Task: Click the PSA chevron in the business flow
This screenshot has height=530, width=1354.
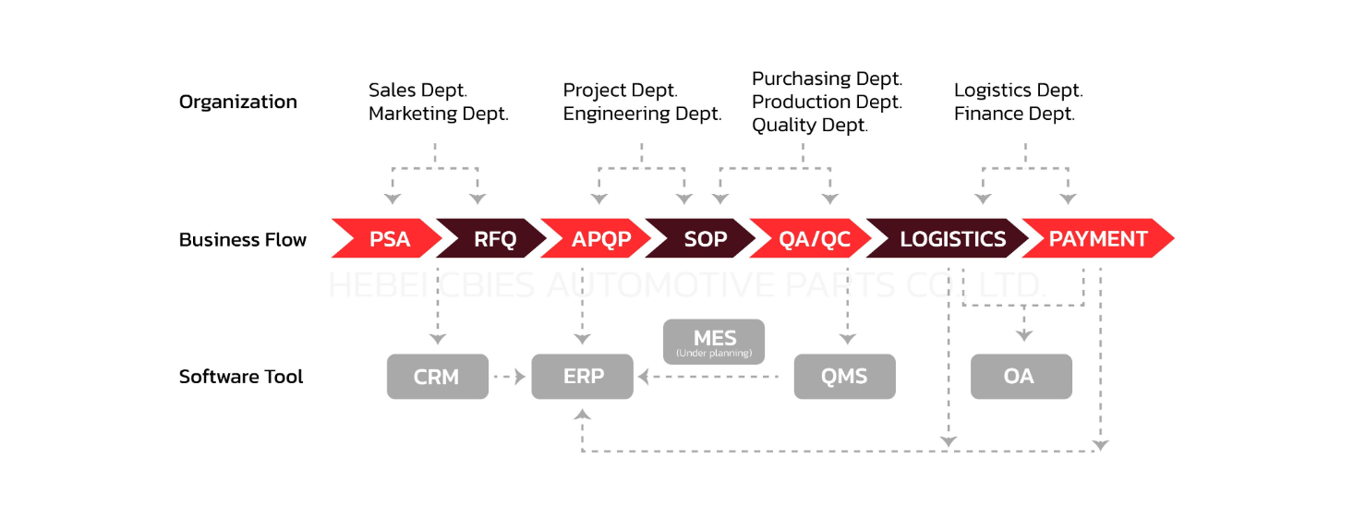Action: [389, 239]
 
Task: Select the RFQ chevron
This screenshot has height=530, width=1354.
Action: [495, 239]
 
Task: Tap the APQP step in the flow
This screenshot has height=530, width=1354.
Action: [600, 239]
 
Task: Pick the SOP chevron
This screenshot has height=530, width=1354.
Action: [706, 239]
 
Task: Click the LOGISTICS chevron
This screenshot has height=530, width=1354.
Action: [952, 239]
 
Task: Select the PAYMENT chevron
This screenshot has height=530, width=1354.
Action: [1098, 239]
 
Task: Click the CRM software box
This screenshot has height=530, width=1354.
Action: [437, 377]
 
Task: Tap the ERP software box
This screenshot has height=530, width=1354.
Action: [582, 377]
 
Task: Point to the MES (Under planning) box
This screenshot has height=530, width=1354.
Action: [714, 342]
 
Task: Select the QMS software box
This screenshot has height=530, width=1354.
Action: [844, 377]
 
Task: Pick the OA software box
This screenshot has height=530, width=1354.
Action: [1021, 377]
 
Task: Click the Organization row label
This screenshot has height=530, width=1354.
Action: [238, 102]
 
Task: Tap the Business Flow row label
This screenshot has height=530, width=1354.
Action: [242, 240]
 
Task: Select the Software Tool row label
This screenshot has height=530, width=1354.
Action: [241, 377]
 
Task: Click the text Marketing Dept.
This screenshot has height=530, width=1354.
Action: [439, 114]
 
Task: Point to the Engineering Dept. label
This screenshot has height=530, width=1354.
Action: [642, 114]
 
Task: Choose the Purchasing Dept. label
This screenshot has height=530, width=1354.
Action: [827, 78]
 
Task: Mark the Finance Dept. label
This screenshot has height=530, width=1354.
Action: [1014, 114]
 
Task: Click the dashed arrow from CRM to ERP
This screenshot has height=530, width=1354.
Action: [509, 377]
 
